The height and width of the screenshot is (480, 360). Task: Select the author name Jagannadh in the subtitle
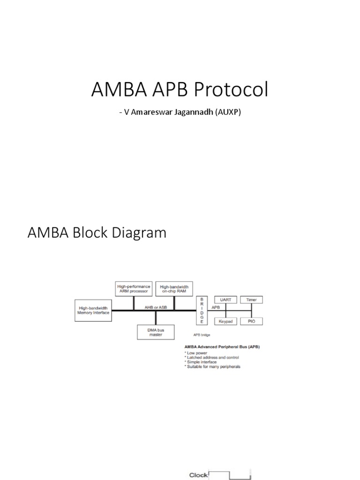pyautogui.click(x=193, y=113)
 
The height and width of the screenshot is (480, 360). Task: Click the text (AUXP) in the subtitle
pyautogui.click(x=228, y=113)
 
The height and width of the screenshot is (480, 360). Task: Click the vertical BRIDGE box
pyautogui.click(x=202, y=310)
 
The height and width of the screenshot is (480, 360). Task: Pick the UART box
pyautogui.click(x=226, y=300)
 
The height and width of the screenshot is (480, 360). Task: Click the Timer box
pyautogui.click(x=251, y=300)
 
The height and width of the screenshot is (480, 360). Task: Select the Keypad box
pyautogui.click(x=226, y=321)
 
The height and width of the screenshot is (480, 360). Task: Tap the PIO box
pyautogui.click(x=251, y=321)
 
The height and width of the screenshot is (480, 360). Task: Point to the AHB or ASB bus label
pyautogui.click(x=152, y=306)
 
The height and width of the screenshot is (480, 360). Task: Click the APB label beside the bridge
pyautogui.click(x=216, y=307)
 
